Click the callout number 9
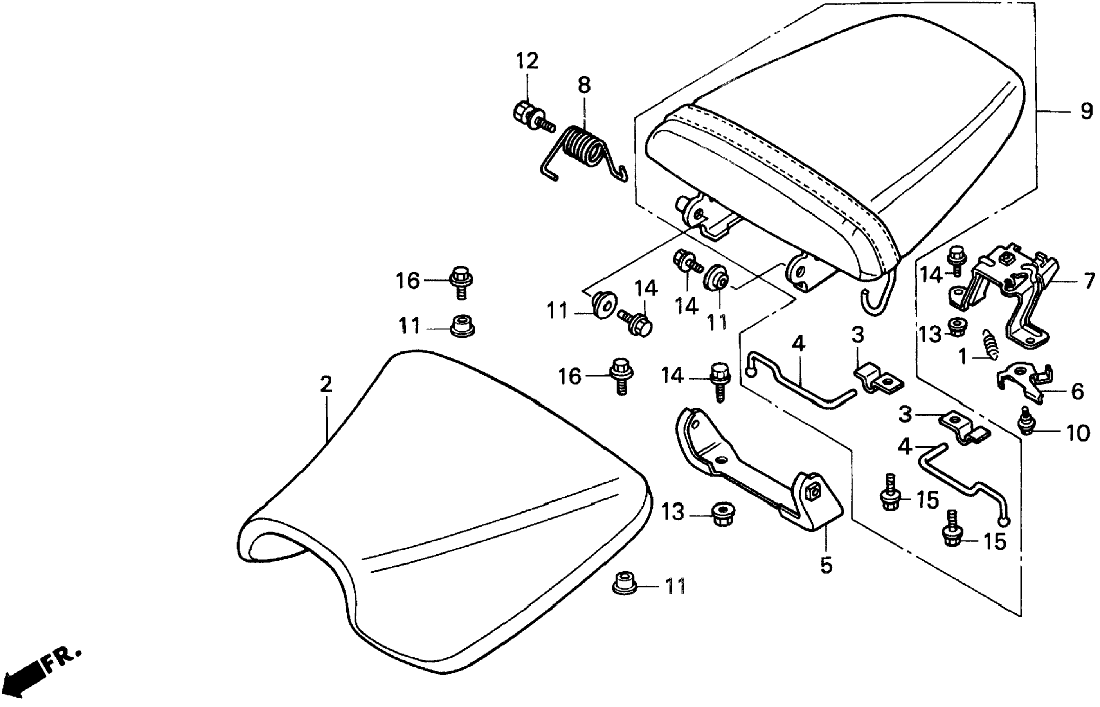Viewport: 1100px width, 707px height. (x=1086, y=112)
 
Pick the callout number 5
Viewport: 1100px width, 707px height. (x=826, y=566)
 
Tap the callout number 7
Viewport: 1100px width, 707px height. (x=1089, y=281)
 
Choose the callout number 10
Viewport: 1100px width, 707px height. (x=1077, y=433)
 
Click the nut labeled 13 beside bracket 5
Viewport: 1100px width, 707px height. (x=720, y=515)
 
